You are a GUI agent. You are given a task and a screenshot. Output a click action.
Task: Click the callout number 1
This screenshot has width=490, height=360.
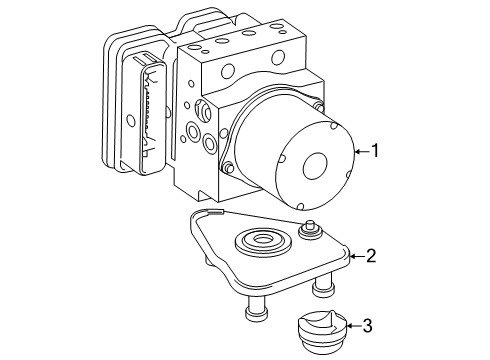pyautogui.click(x=376, y=151)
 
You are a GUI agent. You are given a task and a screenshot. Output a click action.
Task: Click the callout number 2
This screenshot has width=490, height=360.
pyautogui.click(x=371, y=256)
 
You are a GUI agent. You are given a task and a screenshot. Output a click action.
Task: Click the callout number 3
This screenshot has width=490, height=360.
pyautogui.click(x=367, y=326)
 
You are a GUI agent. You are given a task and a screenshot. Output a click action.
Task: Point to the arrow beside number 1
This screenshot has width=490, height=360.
pyautogui.click(x=362, y=152)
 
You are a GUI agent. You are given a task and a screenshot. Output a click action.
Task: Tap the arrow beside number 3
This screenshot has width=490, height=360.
pyautogui.click(x=354, y=326)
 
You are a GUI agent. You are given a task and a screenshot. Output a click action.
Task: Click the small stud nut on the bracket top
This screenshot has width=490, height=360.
pyautogui.click(x=311, y=230)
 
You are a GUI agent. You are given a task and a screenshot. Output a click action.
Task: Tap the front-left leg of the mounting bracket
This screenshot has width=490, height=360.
pyautogui.click(x=256, y=309)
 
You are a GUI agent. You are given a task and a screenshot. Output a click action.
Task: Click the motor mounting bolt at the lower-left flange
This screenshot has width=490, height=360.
pyautogui.click(x=229, y=168)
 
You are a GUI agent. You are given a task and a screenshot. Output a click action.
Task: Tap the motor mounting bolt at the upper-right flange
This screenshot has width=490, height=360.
pyautogui.click(x=319, y=107)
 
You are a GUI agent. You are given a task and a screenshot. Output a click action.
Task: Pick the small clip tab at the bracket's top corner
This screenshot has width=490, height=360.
pyautogui.click(x=214, y=211)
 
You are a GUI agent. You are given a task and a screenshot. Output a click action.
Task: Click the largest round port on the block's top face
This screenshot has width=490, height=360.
pyautogui.click(x=278, y=57)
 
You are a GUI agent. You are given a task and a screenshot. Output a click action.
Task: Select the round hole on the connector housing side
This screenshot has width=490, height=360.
pyautogui.click(x=132, y=121)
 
